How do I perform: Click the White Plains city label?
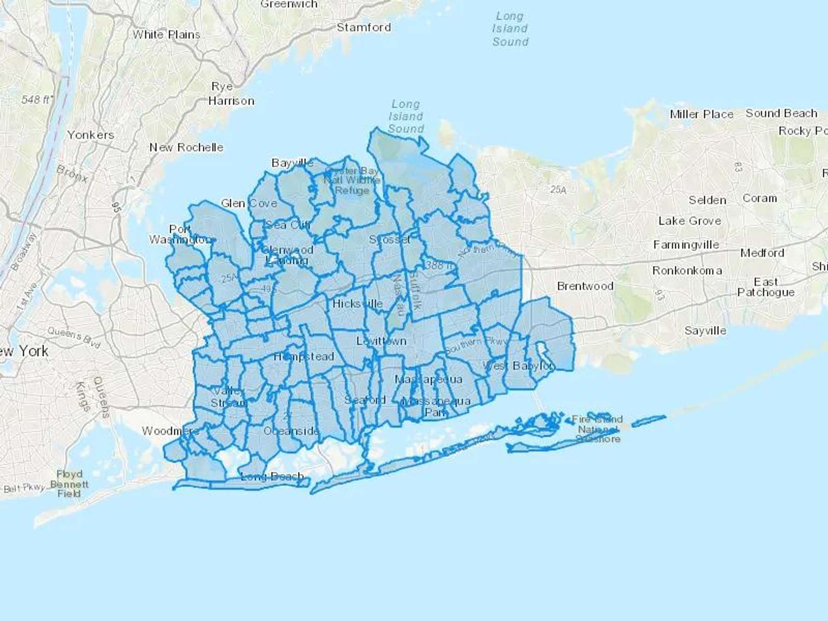(166, 34)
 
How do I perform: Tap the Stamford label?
(363, 27)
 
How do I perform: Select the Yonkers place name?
(91, 135)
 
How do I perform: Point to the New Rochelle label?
(186, 147)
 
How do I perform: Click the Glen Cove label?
(249, 203)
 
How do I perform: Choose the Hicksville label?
(357, 304)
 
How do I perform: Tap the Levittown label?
(381, 341)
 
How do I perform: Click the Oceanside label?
(291, 431)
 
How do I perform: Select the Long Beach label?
(272, 476)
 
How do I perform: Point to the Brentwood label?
(585, 286)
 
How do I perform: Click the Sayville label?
(705, 330)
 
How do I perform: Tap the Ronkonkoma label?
(687, 270)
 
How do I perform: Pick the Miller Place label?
(701, 114)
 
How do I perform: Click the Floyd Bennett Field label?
(69, 483)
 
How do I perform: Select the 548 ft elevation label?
(37, 99)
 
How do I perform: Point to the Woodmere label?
(170, 431)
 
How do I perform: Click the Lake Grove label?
(690, 221)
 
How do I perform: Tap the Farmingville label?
(686, 245)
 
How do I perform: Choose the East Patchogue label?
(766, 287)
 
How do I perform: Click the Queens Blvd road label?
(74, 337)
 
